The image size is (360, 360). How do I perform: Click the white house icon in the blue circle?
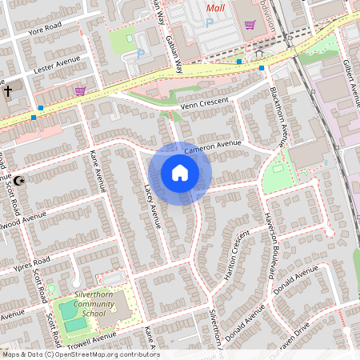pos(180,173)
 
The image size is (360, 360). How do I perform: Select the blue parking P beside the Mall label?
pos(210,24)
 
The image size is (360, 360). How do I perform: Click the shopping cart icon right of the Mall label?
pos(250,24)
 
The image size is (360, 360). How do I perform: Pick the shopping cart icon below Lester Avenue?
pos(80,90)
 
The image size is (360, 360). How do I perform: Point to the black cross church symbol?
pos(8,90)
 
